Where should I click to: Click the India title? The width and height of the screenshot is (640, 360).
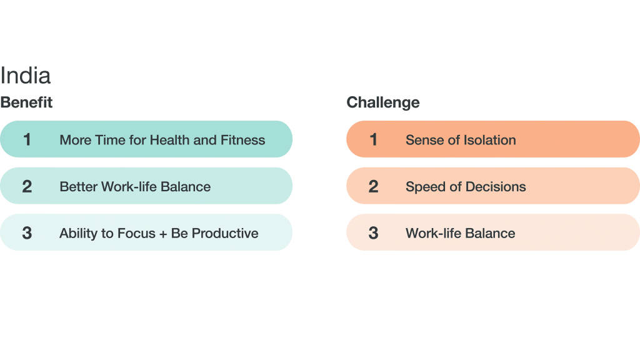[x=25, y=76]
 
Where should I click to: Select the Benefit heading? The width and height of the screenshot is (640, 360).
[x=26, y=102]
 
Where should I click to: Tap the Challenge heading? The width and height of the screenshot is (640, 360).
[x=383, y=102]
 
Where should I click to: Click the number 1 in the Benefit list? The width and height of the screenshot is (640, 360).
[x=27, y=139]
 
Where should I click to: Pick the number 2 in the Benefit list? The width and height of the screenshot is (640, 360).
[x=27, y=186]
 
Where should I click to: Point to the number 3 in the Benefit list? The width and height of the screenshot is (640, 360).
[x=27, y=233]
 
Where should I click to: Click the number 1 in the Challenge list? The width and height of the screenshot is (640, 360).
[x=373, y=139]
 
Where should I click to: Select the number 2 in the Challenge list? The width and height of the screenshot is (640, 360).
[x=373, y=186]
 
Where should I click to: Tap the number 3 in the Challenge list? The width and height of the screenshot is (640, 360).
[x=373, y=233]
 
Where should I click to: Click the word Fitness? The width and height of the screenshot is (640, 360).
[x=243, y=140]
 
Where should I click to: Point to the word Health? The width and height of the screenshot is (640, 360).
[x=170, y=140]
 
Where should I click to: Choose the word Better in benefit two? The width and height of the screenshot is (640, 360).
[x=78, y=186]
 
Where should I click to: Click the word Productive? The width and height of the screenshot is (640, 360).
[x=225, y=233]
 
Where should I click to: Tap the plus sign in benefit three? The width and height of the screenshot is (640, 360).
[x=163, y=234]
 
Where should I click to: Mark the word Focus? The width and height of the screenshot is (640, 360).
[x=137, y=233]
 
